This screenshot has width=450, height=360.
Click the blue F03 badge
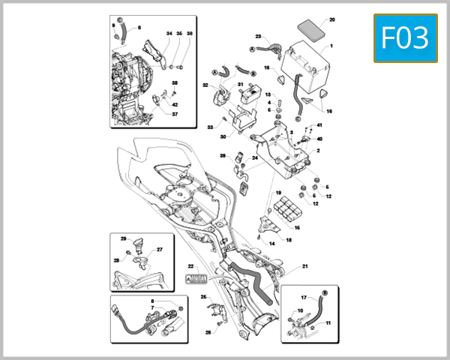[405, 37]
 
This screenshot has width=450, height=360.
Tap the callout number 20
[332, 19]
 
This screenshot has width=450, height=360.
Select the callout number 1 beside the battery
[332, 46]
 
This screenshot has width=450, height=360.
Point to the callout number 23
[257, 37]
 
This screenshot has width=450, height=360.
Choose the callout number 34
[169, 34]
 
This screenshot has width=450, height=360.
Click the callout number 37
[175, 114]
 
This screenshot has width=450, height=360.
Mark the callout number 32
[205, 85]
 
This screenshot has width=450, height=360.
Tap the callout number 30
[223, 136]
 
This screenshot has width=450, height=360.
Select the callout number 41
[319, 124]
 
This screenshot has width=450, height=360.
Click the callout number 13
[267, 94]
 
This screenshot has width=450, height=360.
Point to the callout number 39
[222, 155]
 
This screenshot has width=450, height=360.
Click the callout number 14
[271, 244]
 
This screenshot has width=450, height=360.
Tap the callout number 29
[124, 238]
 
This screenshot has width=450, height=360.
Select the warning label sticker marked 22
[195, 278]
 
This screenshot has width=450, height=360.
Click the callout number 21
[305, 266]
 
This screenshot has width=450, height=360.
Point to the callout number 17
[304, 298]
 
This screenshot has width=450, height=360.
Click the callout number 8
[152, 301]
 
